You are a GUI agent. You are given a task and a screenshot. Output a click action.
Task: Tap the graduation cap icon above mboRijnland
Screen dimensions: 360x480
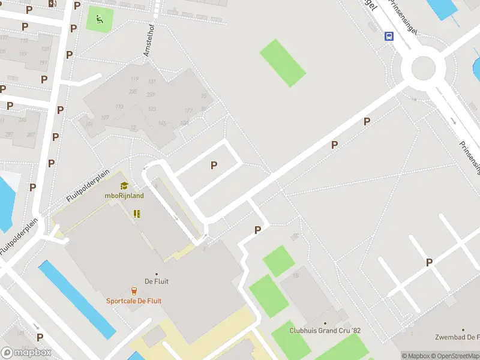(x=124, y=186)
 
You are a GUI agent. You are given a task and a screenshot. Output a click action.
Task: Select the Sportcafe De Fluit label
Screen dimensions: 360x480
(x=134, y=301)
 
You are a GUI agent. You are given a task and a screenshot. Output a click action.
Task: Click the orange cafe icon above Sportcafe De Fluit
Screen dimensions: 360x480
(x=134, y=291)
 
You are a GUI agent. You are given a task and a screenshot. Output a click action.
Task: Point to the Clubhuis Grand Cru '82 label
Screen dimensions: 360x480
(x=325, y=331)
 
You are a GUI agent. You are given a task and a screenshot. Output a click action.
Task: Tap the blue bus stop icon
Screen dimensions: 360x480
(x=389, y=36)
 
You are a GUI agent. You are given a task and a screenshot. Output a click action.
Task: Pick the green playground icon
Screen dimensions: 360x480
(x=99, y=19)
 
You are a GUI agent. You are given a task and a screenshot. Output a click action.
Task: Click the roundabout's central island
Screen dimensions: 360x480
(x=423, y=68)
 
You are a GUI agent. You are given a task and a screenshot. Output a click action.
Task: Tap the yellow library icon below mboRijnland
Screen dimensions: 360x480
(x=137, y=214)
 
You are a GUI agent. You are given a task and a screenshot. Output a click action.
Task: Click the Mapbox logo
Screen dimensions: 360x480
(x=26, y=353)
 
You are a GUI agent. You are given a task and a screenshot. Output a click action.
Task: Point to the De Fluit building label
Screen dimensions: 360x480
(x=155, y=281)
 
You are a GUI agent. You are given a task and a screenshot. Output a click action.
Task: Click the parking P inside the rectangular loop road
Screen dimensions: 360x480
(x=214, y=166)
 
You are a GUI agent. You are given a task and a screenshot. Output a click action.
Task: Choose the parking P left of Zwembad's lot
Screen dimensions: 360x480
(x=429, y=262)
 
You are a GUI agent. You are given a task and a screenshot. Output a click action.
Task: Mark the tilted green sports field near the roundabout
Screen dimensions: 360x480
(x=283, y=62)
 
